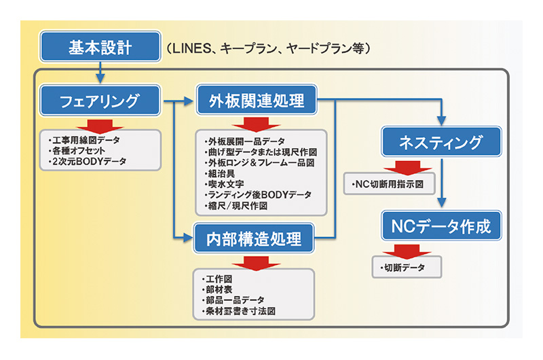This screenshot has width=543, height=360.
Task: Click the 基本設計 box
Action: tap(100, 48)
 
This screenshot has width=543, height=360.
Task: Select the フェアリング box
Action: tap(100, 101)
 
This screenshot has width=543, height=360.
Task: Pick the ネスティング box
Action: tap(441, 143)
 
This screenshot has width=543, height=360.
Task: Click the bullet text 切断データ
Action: tap(405, 268)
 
